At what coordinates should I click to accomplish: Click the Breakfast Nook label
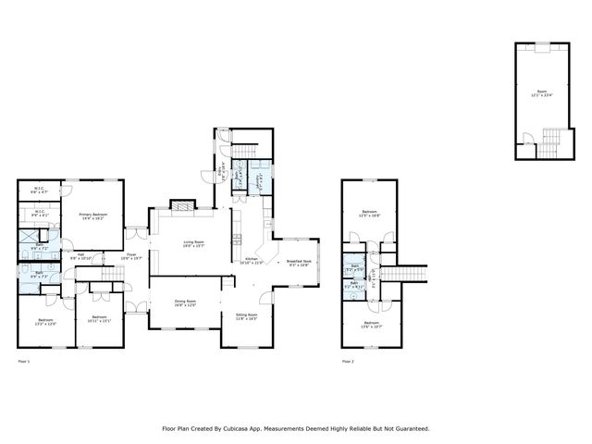coord(298,262)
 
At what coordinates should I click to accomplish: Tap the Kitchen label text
coord(253,260)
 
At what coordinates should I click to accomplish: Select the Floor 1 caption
coord(24,361)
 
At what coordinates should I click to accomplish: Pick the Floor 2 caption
coord(348,361)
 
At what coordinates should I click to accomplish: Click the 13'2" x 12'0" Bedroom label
coord(46,322)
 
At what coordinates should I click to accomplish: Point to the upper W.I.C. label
coord(40,191)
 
